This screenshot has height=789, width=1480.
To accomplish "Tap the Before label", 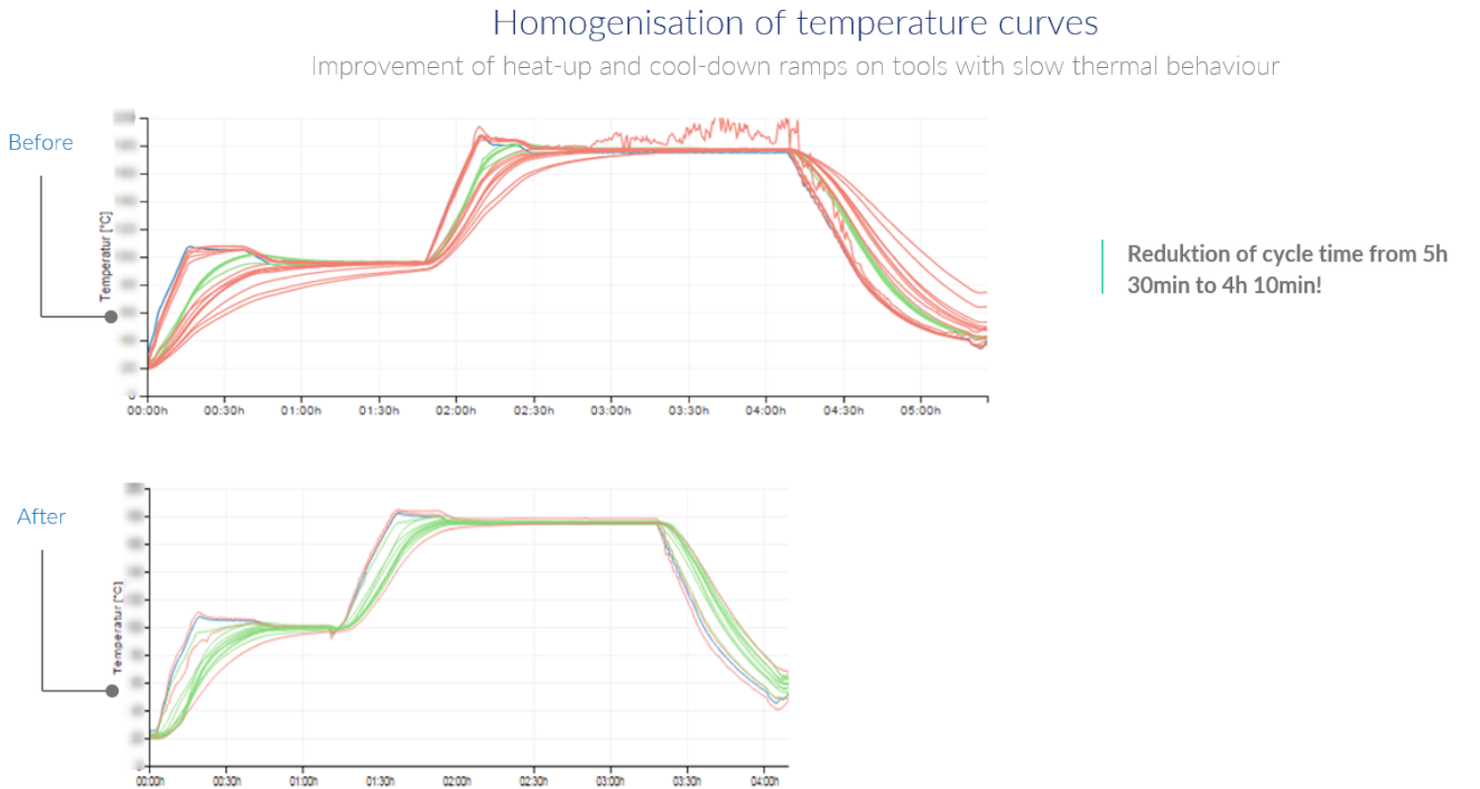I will pyautogui.click(x=40, y=142).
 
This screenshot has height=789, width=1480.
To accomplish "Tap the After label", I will pyautogui.click(x=41, y=516).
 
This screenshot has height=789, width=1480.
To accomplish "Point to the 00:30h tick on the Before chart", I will pyautogui.click(x=223, y=410).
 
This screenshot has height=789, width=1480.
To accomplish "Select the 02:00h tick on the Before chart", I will pyautogui.click(x=455, y=410).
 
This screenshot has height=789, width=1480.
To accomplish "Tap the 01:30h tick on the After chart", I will pyautogui.click(x=380, y=779).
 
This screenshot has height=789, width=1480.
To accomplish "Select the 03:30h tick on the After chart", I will pyautogui.click(x=687, y=779).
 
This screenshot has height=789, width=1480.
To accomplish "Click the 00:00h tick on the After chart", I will pyautogui.click(x=150, y=779).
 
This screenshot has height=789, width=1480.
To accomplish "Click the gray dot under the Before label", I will pyautogui.click(x=111, y=317).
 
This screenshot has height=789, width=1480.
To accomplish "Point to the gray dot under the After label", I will pyautogui.click(x=111, y=689).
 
